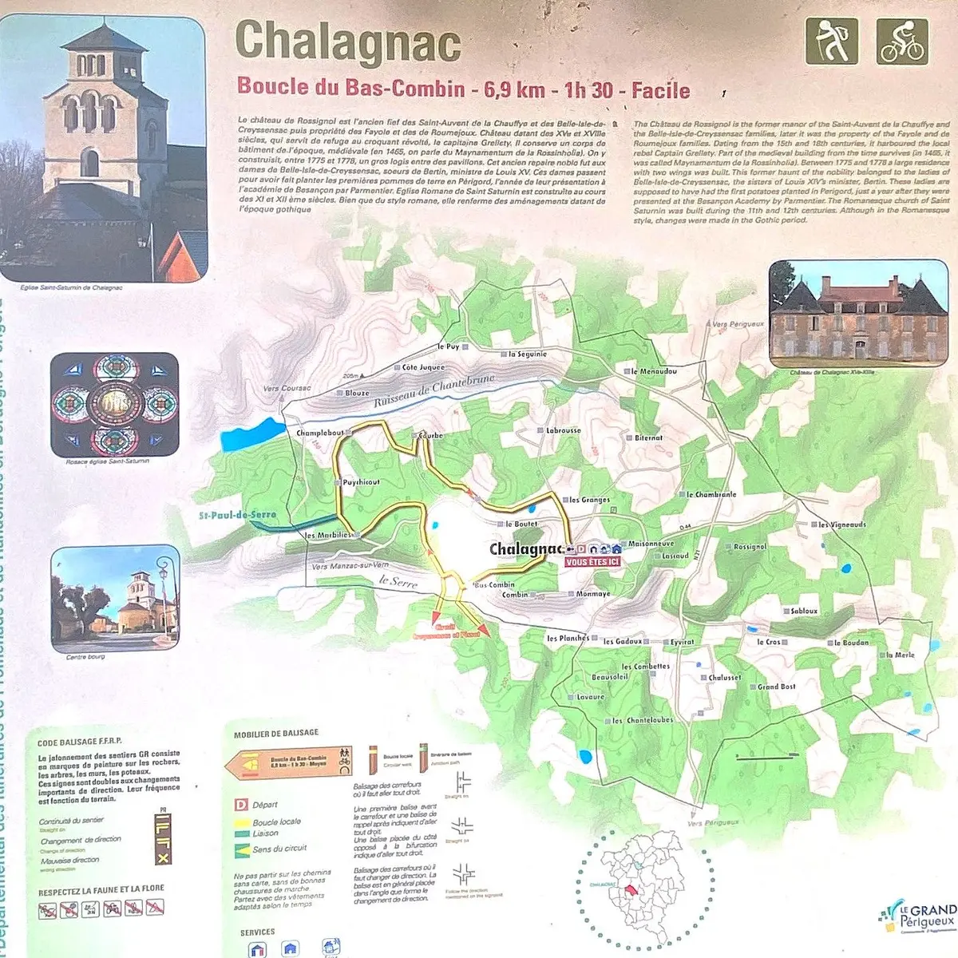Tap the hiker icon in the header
(831, 41)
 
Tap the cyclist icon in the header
(902, 41)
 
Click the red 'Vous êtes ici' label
(592, 562)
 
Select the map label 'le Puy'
(448, 347)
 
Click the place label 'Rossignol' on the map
(750, 547)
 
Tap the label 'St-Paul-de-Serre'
(238, 516)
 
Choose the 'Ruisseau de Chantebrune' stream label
(434, 392)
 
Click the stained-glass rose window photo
(114, 404)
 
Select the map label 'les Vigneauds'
(841, 525)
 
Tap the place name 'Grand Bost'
(776, 687)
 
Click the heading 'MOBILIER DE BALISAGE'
(275, 733)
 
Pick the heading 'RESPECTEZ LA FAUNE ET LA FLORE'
(101, 889)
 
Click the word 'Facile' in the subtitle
(660, 89)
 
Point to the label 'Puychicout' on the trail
(361, 482)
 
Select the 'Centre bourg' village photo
(114, 599)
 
